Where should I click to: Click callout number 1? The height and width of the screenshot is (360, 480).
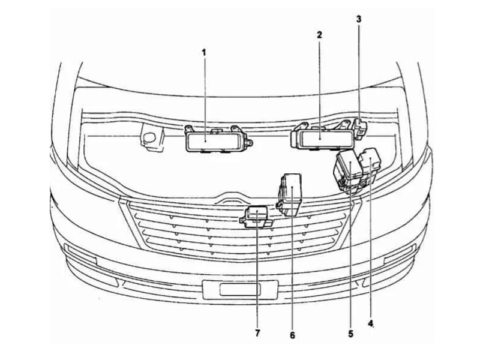tap(204, 52)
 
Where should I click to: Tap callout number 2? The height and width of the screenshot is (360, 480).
tap(320, 35)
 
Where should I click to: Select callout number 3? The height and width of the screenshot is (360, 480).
tap(359, 19)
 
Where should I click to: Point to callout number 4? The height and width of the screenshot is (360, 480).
tap(371, 323)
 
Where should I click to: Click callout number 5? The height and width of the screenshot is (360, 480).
tap(350, 334)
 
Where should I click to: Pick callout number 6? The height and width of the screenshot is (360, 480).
tap(292, 335)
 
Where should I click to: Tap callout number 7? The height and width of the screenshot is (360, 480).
tap(257, 333)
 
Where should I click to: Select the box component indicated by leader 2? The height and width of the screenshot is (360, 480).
tap(322, 137)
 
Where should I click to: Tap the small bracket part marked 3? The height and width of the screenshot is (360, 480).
tap(360, 128)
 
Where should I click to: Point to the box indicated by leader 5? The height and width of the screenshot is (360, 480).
tap(348, 172)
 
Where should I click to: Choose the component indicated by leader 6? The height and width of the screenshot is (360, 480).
tap(290, 194)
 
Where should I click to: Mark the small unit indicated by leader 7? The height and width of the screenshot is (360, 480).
tap(256, 217)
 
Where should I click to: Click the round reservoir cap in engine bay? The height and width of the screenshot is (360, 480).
tap(149, 138)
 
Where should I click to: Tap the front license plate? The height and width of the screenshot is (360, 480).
tap(241, 289)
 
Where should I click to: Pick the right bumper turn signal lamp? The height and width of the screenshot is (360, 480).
tap(400, 254)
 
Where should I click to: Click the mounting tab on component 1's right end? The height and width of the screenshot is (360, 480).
tap(249, 142)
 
